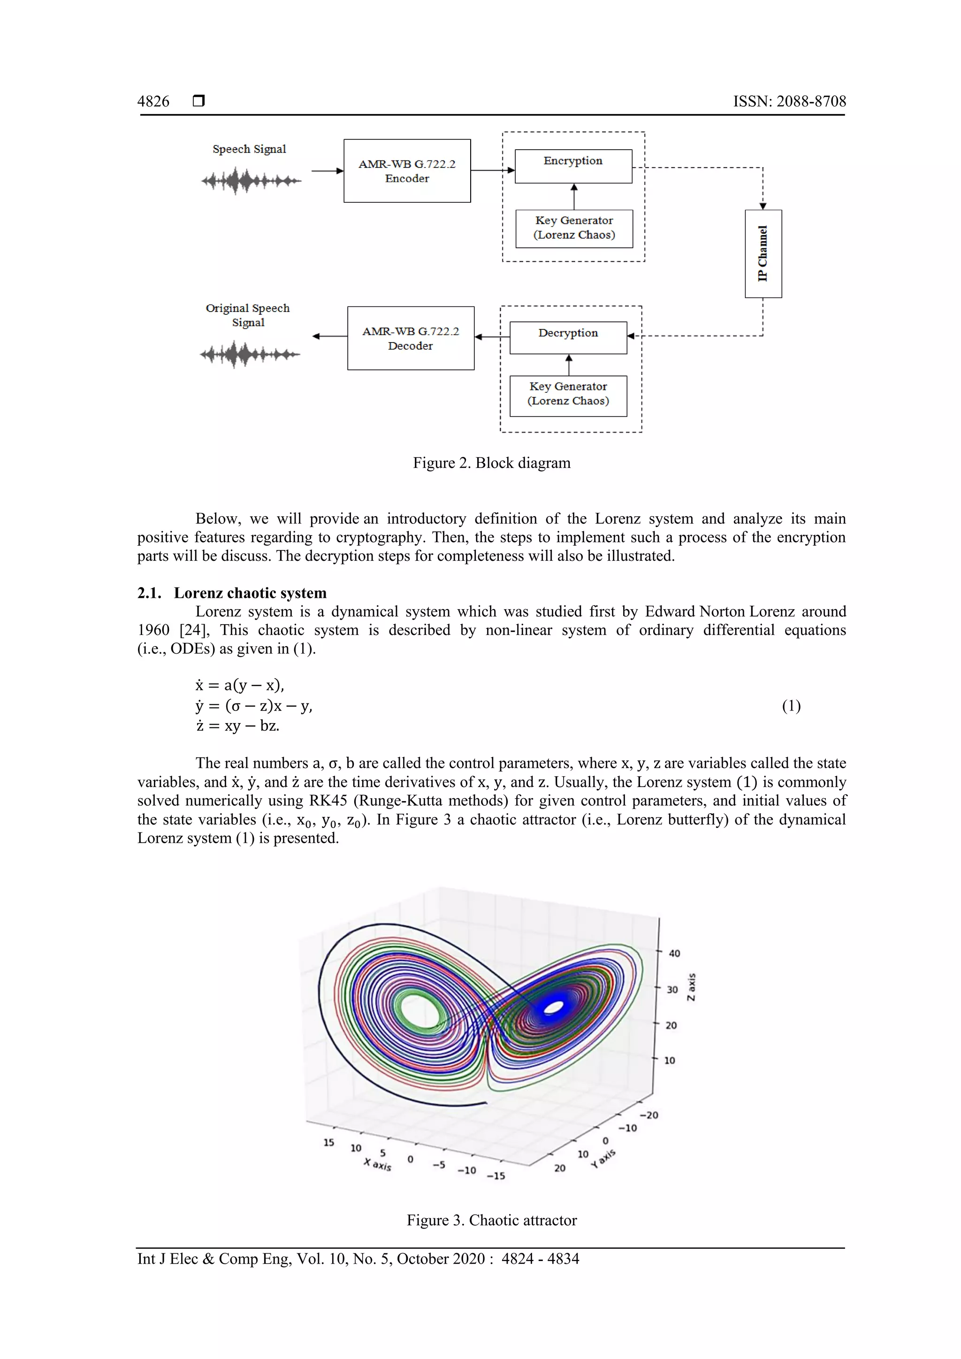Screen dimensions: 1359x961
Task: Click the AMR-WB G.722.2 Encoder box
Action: pos(407,171)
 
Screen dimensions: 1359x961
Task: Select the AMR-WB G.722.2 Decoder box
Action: pos(411,338)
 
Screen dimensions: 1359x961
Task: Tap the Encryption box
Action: pos(573,166)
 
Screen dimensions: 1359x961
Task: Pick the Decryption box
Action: pos(568,337)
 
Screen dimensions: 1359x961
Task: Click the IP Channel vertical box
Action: pos(763,253)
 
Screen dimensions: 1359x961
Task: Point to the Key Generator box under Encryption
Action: pos(574,228)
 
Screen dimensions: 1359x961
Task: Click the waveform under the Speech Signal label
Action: pos(251,181)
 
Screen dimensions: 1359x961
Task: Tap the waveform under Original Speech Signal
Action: pos(250,355)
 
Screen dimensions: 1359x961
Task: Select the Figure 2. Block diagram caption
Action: pos(491,463)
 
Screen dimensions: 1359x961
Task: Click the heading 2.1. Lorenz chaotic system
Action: pos(231,593)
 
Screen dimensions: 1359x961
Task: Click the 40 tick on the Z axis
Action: pos(674,953)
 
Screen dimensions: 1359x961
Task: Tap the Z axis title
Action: pos(691,987)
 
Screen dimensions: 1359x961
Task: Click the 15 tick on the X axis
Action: pos(328,1142)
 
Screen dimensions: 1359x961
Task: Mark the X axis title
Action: pos(378,1164)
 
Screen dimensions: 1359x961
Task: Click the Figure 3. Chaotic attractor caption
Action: pos(491,1220)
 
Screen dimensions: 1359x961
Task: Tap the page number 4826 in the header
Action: pos(153,101)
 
